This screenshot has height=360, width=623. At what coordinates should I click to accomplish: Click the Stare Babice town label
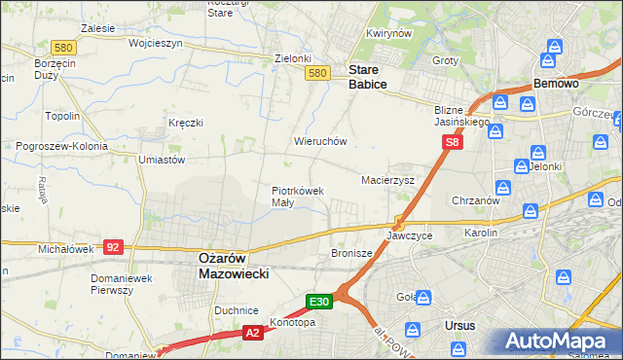tap(368, 77)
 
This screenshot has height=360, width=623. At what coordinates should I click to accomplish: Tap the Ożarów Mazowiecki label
tap(233, 267)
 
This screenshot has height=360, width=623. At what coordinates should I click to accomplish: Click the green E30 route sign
tap(321, 302)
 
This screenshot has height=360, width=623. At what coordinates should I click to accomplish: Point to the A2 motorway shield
tap(251, 333)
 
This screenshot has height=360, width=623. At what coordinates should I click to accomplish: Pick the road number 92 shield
tap(113, 248)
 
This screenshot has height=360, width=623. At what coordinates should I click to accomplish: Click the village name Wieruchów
tap(320, 141)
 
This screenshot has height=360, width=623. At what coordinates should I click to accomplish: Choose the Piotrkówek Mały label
tap(297, 197)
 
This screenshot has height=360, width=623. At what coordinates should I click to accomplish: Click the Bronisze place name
tap(351, 252)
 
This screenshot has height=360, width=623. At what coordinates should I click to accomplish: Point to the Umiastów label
tap(162, 160)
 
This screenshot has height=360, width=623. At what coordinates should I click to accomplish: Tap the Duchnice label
tap(236, 308)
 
